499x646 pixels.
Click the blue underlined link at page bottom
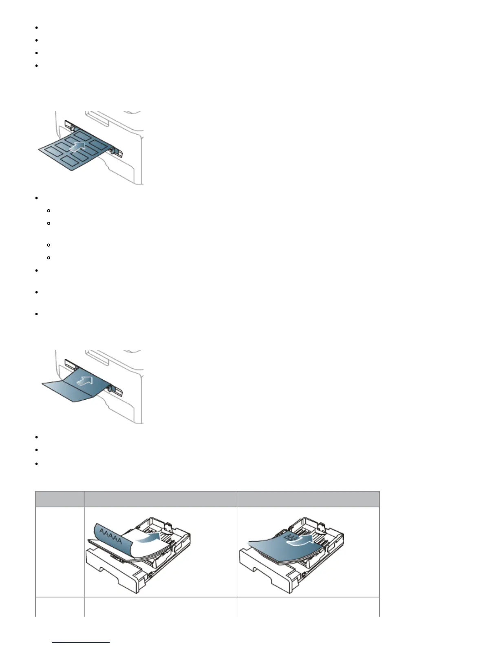pos(81,642)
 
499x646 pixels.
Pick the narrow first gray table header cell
pos(60,499)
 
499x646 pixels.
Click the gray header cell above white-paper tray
pos(161,499)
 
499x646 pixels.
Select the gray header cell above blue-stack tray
pos(308,499)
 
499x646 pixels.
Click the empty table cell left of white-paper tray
pos(60,552)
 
